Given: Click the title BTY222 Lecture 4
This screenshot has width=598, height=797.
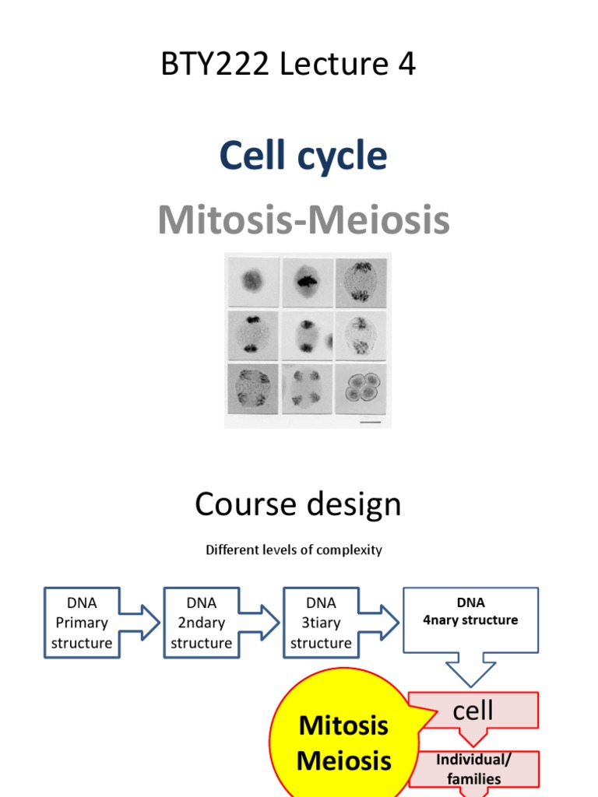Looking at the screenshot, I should (x=288, y=65).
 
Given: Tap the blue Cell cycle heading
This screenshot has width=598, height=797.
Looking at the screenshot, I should (x=303, y=156).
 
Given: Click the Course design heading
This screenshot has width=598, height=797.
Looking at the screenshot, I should (x=297, y=504).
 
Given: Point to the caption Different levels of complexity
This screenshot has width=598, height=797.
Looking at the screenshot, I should (x=294, y=549).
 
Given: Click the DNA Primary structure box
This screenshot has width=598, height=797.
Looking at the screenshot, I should (x=82, y=623).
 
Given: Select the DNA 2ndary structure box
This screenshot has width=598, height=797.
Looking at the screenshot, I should (x=201, y=623).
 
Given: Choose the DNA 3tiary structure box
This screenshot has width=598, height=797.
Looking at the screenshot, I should (x=321, y=623).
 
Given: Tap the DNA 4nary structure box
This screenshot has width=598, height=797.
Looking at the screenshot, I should (x=470, y=620).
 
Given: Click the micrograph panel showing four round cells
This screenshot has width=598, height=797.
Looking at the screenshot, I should (x=362, y=387).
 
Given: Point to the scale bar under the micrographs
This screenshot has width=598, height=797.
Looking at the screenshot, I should (x=372, y=422).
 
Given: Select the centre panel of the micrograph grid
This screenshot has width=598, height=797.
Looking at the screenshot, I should (x=307, y=335).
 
